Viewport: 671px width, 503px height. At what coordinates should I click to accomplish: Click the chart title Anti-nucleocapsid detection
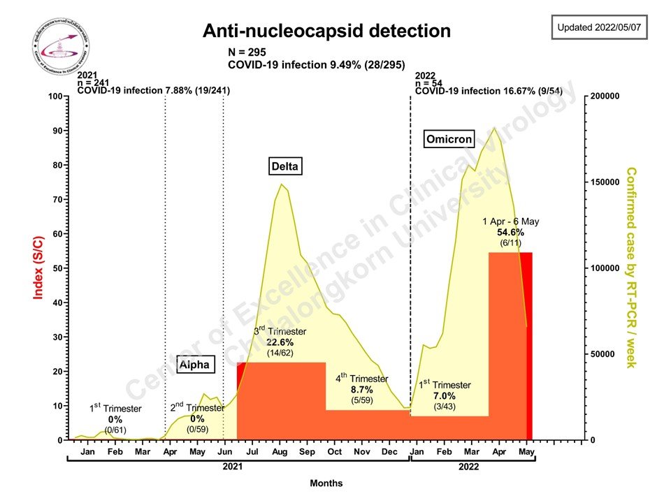point(326,31)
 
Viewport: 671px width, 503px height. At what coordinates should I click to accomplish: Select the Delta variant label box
point(284,166)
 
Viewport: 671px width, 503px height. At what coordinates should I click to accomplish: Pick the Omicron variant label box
point(449,139)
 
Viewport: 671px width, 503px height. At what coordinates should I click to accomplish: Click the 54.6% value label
point(510,233)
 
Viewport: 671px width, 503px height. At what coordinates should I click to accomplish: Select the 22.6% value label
point(280,343)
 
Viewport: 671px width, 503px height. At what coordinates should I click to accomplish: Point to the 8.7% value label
point(362,389)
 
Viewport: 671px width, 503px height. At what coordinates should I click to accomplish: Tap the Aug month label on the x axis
point(280,452)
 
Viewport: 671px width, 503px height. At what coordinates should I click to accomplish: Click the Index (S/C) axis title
point(39,268)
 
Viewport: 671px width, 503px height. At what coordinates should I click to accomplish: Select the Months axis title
point(327,483)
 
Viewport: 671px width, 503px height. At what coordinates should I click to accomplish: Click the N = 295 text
point(247,52)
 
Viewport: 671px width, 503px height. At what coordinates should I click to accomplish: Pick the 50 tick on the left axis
point(59,268)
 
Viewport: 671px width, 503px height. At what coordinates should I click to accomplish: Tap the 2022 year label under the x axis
point(469,466)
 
